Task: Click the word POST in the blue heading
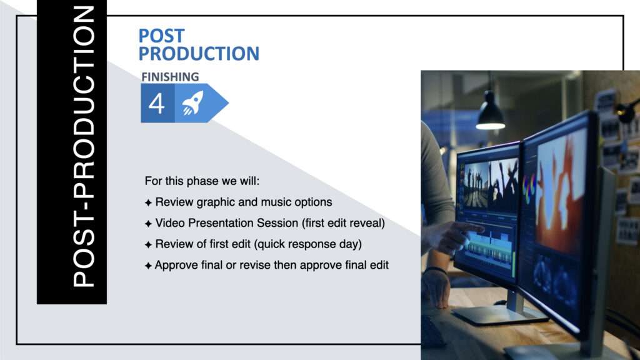(x=162, y=36)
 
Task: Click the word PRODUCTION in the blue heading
(x=199, y=54)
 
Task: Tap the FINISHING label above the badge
(x=170, y=77)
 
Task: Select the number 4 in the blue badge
(x=157, y=103)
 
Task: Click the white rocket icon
(x=192, y=103)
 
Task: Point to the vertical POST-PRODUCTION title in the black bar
(x=84, y=147)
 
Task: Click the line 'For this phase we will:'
(x=202, y=181)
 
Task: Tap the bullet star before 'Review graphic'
(x=148, y=202)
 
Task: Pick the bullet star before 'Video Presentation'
(x=148, y=224)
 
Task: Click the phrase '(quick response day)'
(x=307, y=244)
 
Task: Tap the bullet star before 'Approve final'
(x=148, y=266)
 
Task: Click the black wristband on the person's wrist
(x=436, y=270)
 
